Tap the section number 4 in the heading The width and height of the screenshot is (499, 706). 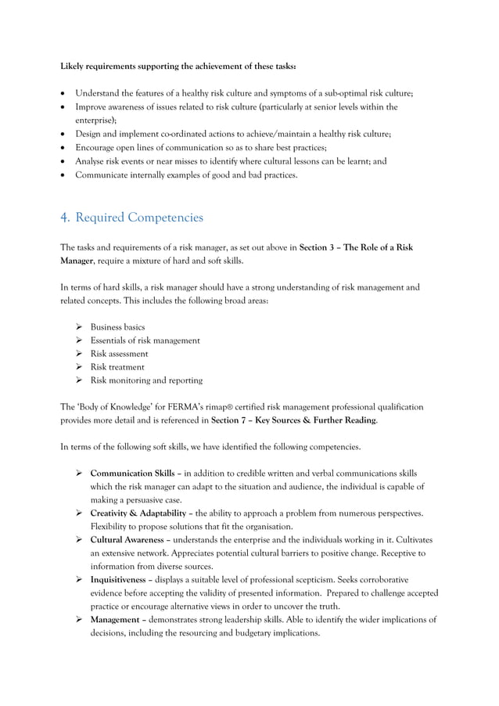pyautogui.click(x=65, y=217)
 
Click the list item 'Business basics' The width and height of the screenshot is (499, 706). pyautogui.click(x=117, y=327)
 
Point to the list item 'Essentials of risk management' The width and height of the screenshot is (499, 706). pyautogui.click(x=145, y=340)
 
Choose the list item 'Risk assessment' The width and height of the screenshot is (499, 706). pyautogui.click(x=119, y=354)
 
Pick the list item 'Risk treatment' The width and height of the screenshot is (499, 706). pyautogui.click(x=117, y=367)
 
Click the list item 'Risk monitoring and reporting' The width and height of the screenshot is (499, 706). pyautogui.click(x=146, y=380)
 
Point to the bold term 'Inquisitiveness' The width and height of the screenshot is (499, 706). pyautogui.click(x=120, y=580)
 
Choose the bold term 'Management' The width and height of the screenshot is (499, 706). pyautogui.click(x=115, y=620)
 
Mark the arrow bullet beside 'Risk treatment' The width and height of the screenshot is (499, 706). pyautogui.click(x=79, y=367)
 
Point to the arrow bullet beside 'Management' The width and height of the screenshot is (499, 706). pyautogui.click(x=79, y=620)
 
